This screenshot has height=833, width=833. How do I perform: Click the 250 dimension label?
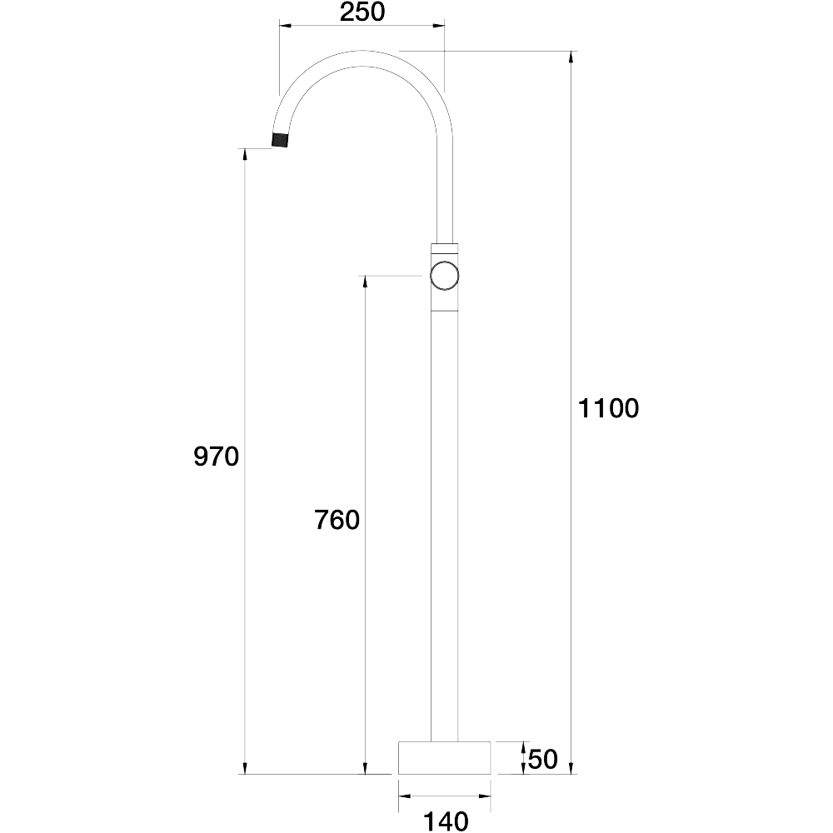click(x=362, y=12)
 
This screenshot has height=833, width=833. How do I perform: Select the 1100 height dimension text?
click(x=608, y=408)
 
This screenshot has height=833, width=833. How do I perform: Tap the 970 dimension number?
click(x=217, y=456)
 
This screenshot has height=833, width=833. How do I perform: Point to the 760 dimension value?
click(x=337, y=520)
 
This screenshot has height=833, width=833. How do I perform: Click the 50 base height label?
click(x=543, y=759)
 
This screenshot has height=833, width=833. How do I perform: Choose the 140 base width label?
click(x=446, y=821)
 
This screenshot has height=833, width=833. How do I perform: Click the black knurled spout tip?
click(x=280, y=140)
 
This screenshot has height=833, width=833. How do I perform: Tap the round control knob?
click(x=444, y=276)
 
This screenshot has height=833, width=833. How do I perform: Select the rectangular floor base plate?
click(x=444, y=757)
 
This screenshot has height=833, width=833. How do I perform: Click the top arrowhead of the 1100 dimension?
click(x=571, y=57)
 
